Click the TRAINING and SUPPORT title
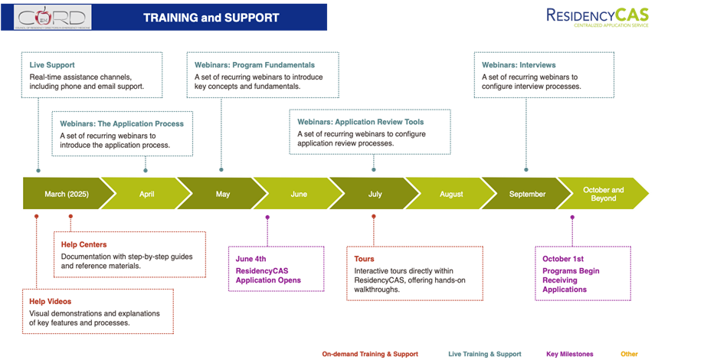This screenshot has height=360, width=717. click(x=212, y=17)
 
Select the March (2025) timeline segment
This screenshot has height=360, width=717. click(x=67, y=195)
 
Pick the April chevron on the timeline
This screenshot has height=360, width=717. click(x=146, y=195)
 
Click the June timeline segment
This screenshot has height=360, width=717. click(x=299, y=195)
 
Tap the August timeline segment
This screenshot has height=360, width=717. click(x=451, y=195)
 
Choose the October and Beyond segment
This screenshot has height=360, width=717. click(x=603, y=195)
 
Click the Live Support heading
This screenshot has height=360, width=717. click(x=52, y=65)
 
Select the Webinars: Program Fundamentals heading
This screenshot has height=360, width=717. click(x=255, y=65)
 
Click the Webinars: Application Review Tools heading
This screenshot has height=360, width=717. click(x=360, y=122)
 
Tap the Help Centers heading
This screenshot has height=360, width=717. click(x=83, y=244)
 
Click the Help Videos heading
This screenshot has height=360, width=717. click(x=51, y=302)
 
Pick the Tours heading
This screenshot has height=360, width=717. click(x=365, y=259)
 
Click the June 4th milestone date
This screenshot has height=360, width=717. click(x=250, y=259)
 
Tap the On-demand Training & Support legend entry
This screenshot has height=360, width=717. click(x=370, y=354)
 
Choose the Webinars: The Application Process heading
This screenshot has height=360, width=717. click(x=122, y=123)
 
